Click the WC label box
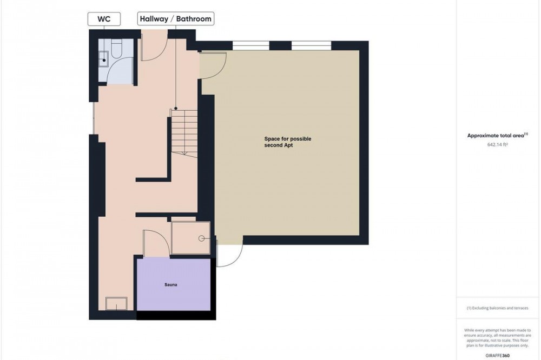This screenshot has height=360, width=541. coord(104,18)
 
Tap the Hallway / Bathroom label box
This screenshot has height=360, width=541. coord(176,18)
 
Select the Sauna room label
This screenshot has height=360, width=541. coord(171,285)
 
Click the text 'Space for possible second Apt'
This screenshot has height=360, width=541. coord(288,142)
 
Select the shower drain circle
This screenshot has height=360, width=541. coord(201,238)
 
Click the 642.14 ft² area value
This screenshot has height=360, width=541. coord(498,145)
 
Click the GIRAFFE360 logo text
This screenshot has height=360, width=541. coord(498,356)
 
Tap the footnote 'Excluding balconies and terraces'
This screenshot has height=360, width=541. coord(500,308)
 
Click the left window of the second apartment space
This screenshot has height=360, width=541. coord(251,45)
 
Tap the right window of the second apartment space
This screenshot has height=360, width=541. coord(312,45)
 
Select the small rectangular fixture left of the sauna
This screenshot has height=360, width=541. coord(116,304)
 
